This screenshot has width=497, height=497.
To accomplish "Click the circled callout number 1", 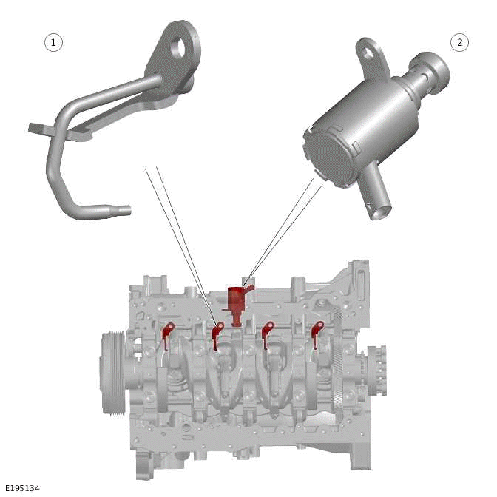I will [53, 42].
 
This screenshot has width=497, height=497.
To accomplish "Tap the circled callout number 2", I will [459, 42].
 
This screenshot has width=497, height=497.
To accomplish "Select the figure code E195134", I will [22, 488].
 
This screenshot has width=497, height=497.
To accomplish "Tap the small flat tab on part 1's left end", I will [35, 128].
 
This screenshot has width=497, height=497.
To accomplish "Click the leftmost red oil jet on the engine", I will [167, 334].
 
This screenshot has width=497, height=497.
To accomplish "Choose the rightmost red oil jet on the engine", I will [317, 332].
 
